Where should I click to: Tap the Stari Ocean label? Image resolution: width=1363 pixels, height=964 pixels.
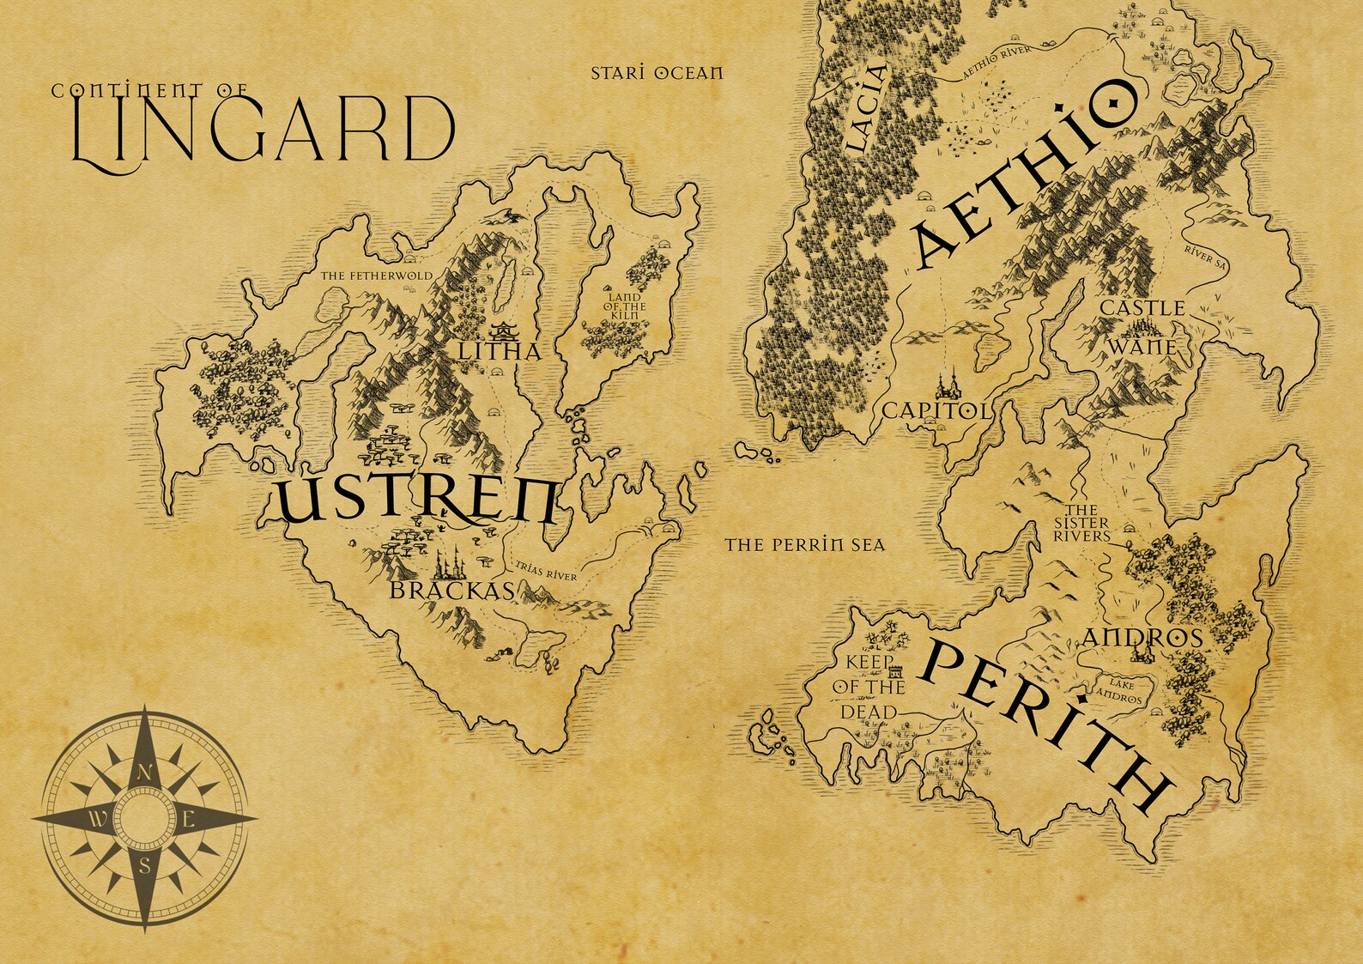point(657,73)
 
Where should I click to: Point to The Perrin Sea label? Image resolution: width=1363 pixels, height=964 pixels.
point(804,544)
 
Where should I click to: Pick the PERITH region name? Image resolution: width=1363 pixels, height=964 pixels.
point(1047,725)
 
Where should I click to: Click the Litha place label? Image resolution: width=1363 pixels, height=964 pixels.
point(499,352)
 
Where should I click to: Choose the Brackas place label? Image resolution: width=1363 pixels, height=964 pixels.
point(451,591)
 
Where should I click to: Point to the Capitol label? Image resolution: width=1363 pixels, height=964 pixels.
point(935,411)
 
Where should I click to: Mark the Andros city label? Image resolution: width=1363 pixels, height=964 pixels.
point(1142,638)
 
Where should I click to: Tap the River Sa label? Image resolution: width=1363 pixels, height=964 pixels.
point(1205,256)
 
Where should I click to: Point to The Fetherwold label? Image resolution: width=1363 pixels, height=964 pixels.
point(376,276)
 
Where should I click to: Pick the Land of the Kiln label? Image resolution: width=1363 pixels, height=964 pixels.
point(625,306)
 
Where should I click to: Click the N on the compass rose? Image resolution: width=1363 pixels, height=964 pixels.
point(145,772)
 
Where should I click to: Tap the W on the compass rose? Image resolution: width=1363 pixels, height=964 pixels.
point(99,818)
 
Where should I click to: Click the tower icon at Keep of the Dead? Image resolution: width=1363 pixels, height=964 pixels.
point(895,670)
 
